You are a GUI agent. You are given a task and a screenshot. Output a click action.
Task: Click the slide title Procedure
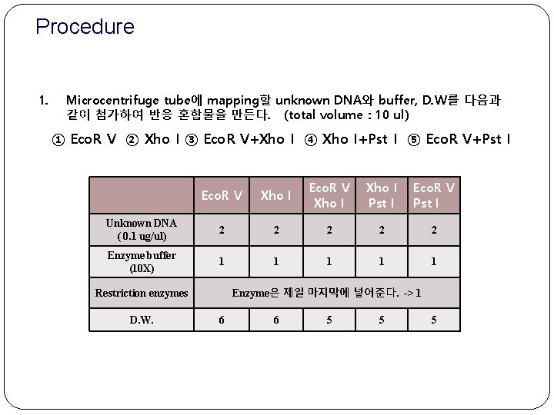[x=85, y=28]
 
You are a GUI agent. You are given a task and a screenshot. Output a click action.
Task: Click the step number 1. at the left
[x=44, y=100]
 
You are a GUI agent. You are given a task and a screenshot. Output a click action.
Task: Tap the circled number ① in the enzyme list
[x=58, y=139]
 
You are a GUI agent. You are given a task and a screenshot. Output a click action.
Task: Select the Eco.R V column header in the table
[x=222, y=195]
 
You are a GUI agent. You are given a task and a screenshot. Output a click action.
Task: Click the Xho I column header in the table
[x=275, y=195]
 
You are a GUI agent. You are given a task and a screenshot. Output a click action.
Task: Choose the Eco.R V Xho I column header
[x=329, y=195]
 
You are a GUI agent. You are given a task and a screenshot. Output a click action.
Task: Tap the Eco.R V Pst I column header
[x=433, y=195]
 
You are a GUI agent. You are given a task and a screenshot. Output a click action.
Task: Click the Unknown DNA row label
[x=142, y=229]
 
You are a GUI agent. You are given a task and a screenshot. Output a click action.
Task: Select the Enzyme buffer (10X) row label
[x=142, y=262]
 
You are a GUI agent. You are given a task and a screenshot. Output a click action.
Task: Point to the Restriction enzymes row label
[x=142, y=293]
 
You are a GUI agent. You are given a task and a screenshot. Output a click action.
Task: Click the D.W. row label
[x=142, y=320]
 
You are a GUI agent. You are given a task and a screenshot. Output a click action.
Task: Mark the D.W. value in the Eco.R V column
[x=222, y=320]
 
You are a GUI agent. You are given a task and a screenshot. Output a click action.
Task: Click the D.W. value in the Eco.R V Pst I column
[x=433, y=320]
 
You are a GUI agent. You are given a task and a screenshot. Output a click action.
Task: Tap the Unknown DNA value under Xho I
[x=275, y=229]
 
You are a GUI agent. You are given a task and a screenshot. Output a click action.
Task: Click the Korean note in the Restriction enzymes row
[x=326, y=293]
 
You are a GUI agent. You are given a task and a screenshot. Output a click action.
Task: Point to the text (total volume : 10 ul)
[x=346, y=115]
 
